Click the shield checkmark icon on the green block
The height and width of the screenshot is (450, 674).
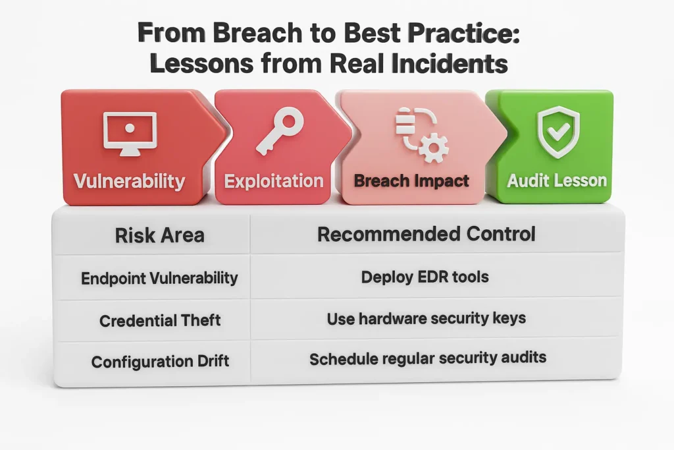pos(558,132)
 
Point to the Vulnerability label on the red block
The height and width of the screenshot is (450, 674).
pos(129,181)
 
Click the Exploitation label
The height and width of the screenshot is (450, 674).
pos(274,181)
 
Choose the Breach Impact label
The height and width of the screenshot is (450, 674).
pos(411,181)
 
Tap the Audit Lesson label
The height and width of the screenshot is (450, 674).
pos(557,181)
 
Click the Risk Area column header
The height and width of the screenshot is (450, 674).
pos(159,235)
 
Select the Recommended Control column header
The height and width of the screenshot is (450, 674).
pos(427,235)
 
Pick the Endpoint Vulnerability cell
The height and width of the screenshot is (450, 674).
pos(159,278)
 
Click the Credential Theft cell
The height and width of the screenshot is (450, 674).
pos(160,320)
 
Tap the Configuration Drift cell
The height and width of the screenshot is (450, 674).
pos(160,361)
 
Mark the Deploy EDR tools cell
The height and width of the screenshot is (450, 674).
pos(425,277)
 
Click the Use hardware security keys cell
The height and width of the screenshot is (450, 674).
pos(427,319)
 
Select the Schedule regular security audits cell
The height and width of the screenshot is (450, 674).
pos(428,358)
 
